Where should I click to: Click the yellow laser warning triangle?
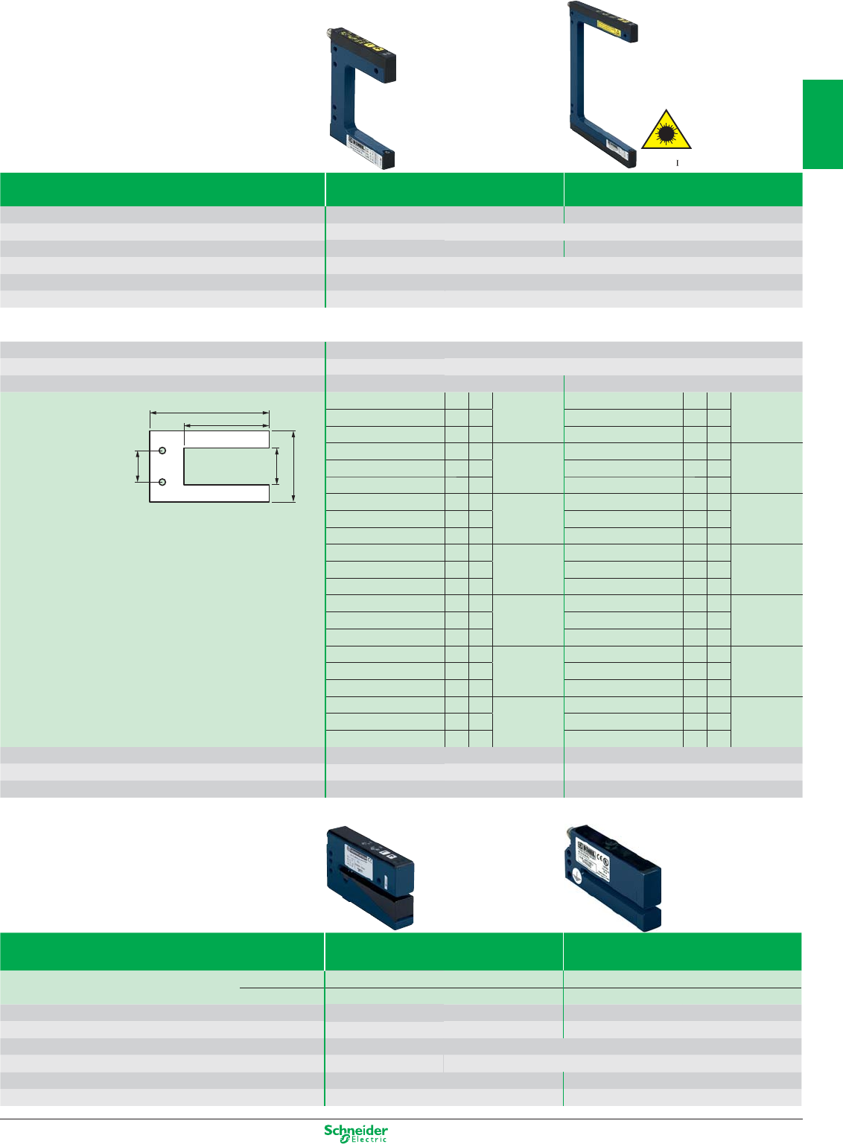[667, 130]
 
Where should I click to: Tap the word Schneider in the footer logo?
[356, 1130]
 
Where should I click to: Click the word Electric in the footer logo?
[369, 1140]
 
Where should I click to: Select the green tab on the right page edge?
[822, 124]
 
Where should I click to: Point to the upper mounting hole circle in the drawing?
[162, 451]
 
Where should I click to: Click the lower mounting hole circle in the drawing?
[162, 482]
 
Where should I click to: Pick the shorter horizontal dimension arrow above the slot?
[226, 426]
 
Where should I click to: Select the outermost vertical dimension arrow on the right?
[294, 466]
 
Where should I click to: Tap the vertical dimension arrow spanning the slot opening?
[277, 466]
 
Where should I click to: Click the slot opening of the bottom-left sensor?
[372, 883]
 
